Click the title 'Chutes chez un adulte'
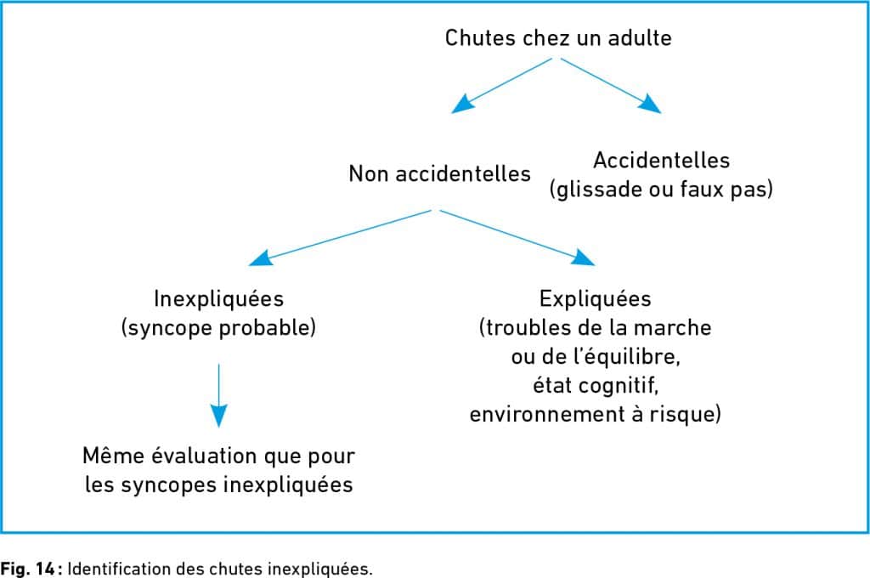(558, 37)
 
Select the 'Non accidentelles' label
(439, 173)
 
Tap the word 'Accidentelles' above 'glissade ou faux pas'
(661, 160)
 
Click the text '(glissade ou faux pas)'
(661, 190)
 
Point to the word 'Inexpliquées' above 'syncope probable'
(218, 298)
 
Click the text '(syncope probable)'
(218, 327)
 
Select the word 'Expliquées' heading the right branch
(596, 298)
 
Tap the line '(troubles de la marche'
(596, 327)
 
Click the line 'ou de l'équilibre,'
(596, 356)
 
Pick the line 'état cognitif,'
(596, 385)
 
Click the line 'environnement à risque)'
(596, 414)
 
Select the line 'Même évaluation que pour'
(218, 456)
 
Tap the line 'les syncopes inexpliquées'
(218, 484)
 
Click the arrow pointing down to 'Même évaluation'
(218, 395)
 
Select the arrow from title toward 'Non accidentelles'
(502, 86)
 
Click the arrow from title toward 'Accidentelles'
(610, 86)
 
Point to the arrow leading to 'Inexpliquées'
(340, 238)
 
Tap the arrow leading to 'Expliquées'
(517, 238)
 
